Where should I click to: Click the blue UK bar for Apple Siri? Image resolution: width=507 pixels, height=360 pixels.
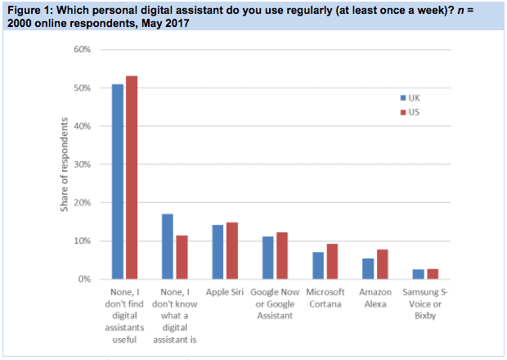218,252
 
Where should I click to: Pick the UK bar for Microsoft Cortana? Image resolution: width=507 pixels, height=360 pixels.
318,265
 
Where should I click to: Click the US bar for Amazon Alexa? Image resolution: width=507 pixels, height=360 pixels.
381,264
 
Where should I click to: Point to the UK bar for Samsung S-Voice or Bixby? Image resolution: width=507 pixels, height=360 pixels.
417,274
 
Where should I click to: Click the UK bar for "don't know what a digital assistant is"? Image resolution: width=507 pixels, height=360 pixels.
168,246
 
